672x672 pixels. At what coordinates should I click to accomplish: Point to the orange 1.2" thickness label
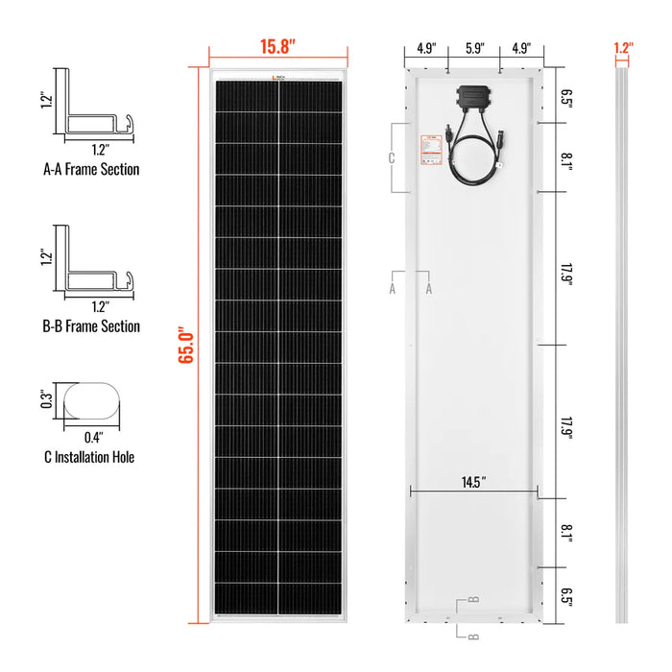click(x=622, y=46)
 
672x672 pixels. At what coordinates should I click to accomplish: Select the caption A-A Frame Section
click(x=91, y=169)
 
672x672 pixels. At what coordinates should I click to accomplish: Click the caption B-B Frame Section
click(x=91, y=326)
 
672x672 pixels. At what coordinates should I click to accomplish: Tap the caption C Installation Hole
click(x=88, y=457)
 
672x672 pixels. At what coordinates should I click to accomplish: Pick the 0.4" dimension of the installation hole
click(x=93, y=435)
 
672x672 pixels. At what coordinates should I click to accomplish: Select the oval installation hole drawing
click(x=93, y=398)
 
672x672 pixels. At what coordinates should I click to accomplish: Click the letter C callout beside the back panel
click(x=391, y=158)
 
